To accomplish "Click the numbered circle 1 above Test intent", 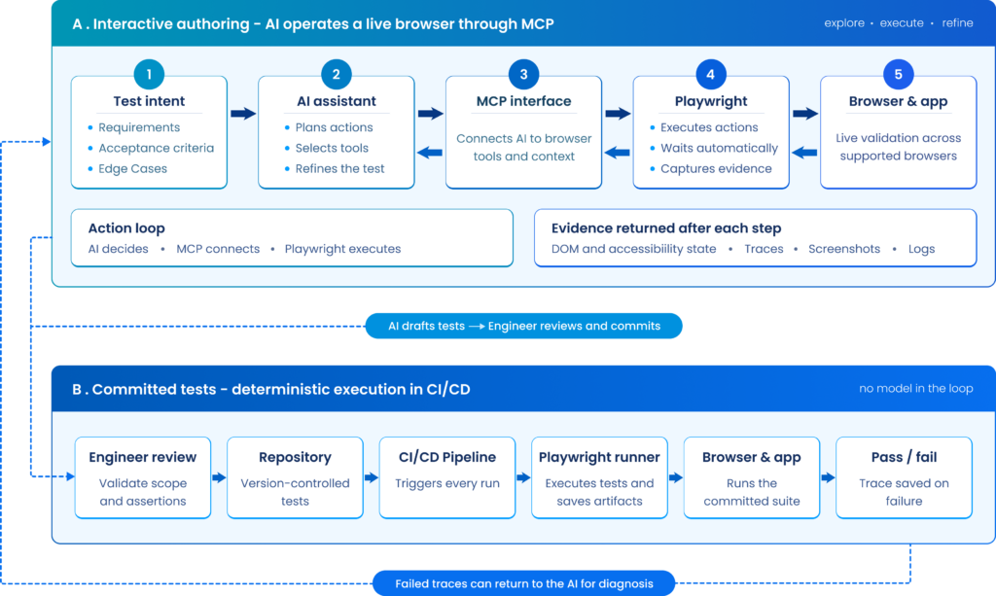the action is (x=149, y=74).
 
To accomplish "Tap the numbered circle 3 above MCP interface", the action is (x=523, y=74).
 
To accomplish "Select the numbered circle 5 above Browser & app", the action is (x=898, y=74).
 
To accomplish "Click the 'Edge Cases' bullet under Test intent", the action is (x=132, y=169).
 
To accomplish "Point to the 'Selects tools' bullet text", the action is (x=332, y=148).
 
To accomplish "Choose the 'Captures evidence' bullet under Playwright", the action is (x=716, y=169).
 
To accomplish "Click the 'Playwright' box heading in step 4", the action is (x=711, y=101).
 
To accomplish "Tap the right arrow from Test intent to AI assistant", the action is (x=243, y=114).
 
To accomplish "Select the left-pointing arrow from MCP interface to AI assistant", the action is (x=430, y=153).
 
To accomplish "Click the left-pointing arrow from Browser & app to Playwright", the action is (x=804, y=153).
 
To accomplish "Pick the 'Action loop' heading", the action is (x=126, y=228).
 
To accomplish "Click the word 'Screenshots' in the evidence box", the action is (x=844, y=249).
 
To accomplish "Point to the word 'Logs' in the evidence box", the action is (x=922, y=249).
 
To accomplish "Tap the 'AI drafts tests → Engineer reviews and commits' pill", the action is (x=524, y=326).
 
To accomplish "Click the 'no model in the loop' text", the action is (x=916, y=389).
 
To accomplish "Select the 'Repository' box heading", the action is (x=295, y=457).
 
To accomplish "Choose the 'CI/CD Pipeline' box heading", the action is (x=447, y=457).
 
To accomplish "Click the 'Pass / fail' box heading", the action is (x=904, y=457).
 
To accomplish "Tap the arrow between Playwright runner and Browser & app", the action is (x=676, y=477).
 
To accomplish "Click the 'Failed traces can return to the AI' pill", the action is (x=524, y=583).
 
